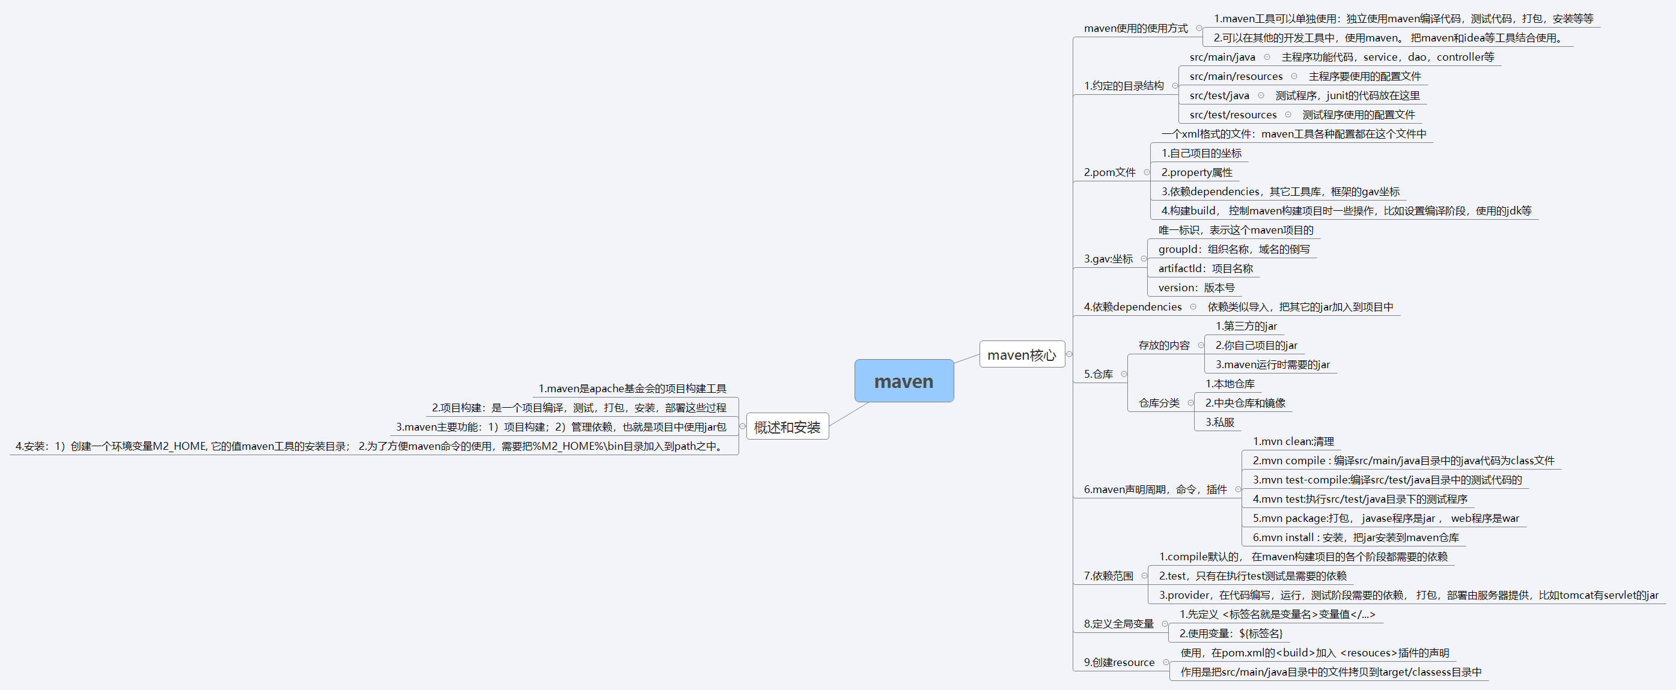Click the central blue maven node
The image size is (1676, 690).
[x=904, y=381]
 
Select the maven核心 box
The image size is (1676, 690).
[x=1022, y=354]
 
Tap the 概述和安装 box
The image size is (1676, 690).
[x=787, y=426]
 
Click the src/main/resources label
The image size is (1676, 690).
[x=1236, y=76]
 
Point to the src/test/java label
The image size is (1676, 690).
[x=1219, y=95]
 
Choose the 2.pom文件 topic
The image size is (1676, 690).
[x=1109, y=172]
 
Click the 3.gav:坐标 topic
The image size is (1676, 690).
[x=1108, y=259]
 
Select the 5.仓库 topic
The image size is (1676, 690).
[x=1099, y=374]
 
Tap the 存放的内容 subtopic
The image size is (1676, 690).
[x=1163, y=345]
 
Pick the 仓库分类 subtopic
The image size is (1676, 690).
[x=1159, y=403]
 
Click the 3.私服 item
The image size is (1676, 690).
[x=1219, y=422]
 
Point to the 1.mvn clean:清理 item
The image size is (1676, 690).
[x=1293, y=441]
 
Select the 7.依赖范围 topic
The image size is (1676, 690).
[x=1108, y=575]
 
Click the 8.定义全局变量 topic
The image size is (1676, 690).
[x=1118, y=624]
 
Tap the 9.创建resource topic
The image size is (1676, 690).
[x=1119, y=662]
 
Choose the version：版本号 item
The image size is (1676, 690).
[x=1196, y=288]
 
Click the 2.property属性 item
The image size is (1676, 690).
[x=1196, y=172]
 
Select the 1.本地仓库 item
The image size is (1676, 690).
[x=1230, y=384]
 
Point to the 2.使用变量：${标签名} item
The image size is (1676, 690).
[x=1230, y=634]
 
